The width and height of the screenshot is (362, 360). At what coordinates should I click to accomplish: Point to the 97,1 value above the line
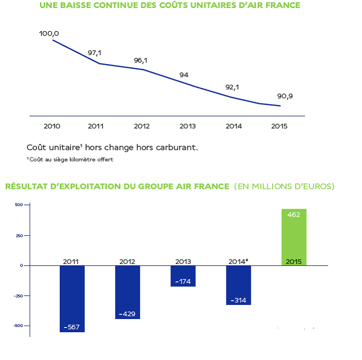pos(95,53)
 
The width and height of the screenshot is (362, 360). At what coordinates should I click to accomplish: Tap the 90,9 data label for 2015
pos(285,97)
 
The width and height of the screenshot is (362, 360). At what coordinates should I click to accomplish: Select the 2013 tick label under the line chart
pos(188,126)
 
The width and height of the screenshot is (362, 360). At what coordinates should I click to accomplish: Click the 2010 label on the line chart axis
pos(52,126)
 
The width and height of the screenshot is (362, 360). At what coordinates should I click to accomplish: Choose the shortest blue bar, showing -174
pos(183,276)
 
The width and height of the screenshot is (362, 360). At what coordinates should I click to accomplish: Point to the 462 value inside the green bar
pos(294,214)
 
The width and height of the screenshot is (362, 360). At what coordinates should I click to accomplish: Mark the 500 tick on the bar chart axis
pos(19,205)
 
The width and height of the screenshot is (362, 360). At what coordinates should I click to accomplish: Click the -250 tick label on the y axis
pos(17,295)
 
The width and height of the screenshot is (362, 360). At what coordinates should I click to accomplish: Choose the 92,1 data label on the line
pos(233,87)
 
